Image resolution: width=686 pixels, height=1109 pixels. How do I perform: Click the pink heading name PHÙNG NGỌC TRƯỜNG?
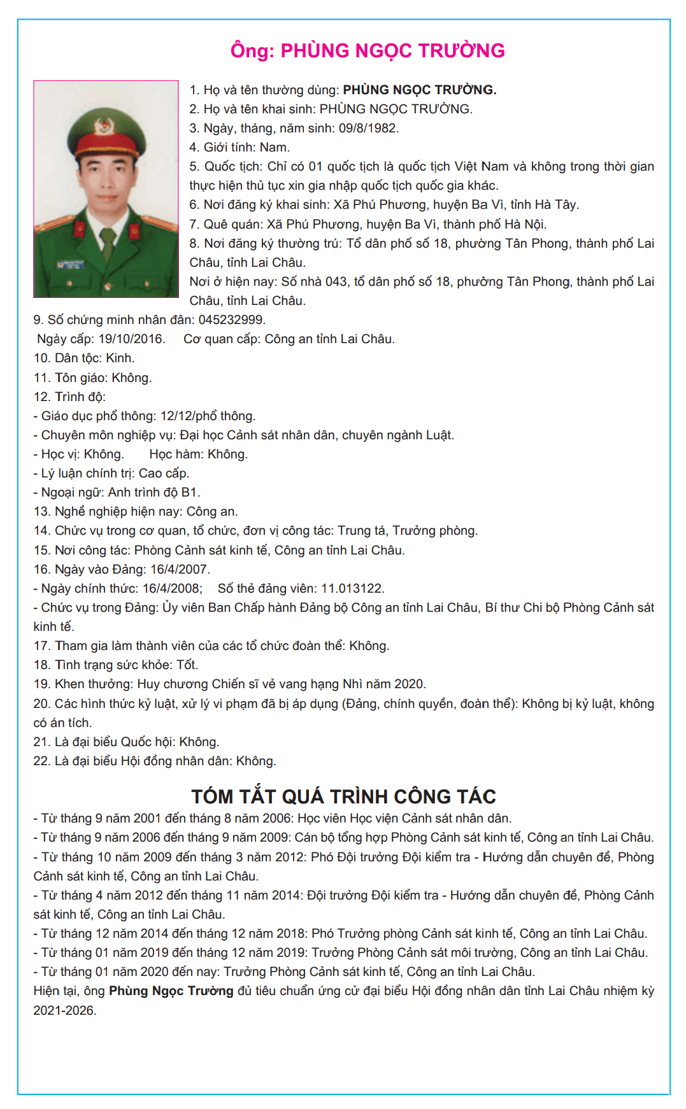coord(392,51)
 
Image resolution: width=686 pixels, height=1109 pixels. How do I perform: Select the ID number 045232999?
coord(231,320)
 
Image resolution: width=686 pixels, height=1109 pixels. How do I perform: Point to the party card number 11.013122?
coord(352,588)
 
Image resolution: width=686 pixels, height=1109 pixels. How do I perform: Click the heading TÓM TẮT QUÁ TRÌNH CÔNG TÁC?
coord(343,796)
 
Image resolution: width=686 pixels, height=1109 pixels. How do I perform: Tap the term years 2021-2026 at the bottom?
coord(64,1010)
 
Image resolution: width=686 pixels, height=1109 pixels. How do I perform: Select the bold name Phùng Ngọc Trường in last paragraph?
coord(171,991)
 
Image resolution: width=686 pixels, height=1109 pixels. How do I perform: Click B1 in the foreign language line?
coord(190,492)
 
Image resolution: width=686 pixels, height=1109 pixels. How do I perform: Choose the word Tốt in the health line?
coord(187,665)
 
